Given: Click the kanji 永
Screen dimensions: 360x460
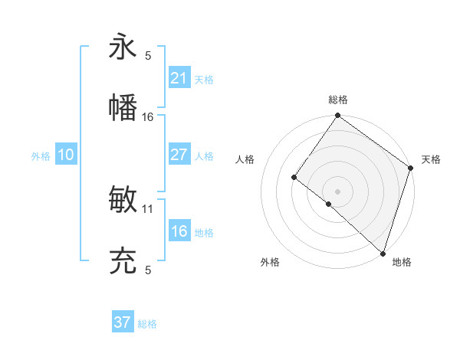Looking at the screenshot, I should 123,47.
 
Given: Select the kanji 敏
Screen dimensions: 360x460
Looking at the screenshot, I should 123,200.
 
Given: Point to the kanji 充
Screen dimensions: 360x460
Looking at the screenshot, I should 123,261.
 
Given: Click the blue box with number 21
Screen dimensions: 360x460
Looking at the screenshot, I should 179,78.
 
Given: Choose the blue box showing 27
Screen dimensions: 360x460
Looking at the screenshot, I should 179,155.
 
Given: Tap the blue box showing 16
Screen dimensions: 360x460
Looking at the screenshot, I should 179,231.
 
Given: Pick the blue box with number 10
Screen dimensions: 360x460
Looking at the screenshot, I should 66,155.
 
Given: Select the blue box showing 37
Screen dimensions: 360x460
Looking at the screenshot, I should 122,322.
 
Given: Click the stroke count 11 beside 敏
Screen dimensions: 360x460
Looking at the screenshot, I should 148,208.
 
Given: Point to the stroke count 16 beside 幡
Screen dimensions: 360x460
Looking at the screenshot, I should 148,116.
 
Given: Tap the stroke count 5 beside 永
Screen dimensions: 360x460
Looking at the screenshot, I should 148,55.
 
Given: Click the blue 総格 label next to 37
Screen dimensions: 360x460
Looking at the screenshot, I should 147,324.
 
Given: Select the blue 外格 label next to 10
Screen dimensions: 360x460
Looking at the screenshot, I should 41,156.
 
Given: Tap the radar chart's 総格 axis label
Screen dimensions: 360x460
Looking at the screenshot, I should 338,100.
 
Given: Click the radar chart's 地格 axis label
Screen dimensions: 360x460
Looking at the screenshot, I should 402,262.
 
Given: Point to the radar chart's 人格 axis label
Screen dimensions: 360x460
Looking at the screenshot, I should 245,159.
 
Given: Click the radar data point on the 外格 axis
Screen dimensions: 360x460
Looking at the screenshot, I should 328,204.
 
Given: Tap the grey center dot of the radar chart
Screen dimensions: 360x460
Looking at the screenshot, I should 337,191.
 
